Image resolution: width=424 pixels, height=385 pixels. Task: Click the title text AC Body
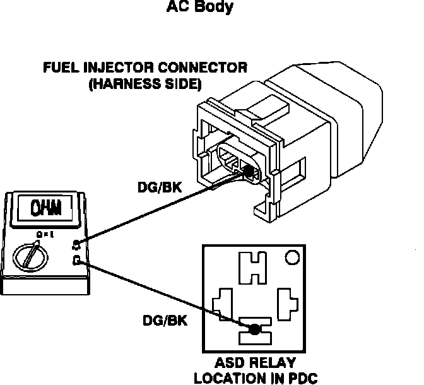tap(200, 8)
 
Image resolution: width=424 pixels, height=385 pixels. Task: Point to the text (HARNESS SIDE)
tap(144, 82)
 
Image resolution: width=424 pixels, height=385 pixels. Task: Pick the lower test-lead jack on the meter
tap(77, 260)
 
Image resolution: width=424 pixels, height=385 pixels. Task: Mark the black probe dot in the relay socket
tap(254, 329)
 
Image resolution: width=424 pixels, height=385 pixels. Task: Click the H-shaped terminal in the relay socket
tap(253, 268)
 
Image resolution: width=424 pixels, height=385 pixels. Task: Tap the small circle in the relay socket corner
tap(291, 258)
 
